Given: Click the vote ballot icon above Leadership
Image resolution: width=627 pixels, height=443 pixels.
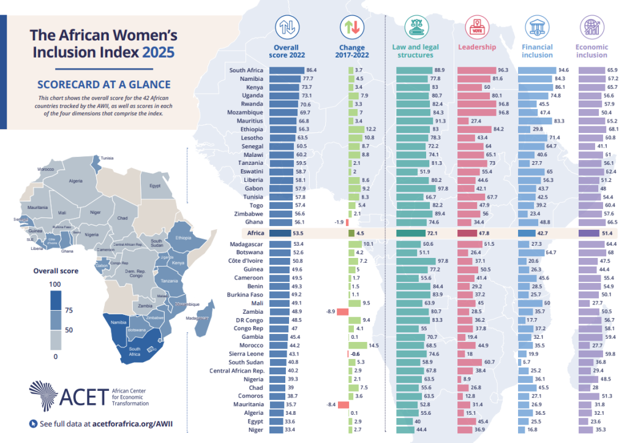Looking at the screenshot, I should tap(476, 28).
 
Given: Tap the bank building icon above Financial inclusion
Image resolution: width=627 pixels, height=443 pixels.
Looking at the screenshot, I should tap(537, 28).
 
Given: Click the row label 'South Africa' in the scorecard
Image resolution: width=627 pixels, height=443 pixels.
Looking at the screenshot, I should tap(246, 70).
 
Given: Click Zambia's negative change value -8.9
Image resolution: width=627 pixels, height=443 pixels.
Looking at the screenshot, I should tap(330, 311).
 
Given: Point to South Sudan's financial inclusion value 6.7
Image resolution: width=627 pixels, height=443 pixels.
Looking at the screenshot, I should tap(527, 362).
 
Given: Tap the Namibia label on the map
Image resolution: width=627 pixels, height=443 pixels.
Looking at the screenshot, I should tap(118, 322).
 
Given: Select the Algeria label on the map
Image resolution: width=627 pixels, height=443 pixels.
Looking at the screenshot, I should tap(76, 181).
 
